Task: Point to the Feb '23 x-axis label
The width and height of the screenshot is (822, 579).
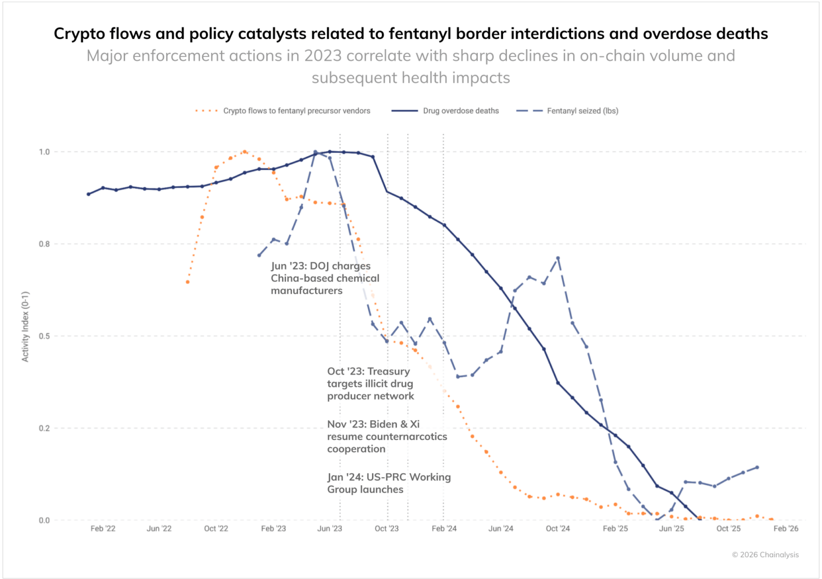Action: [x=273, y=529]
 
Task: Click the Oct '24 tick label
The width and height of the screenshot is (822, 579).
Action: [x=558, y=529]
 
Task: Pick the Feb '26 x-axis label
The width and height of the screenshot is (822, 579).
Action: [x=786, y=529]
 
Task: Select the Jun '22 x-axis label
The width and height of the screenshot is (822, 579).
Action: [x=159, y=529]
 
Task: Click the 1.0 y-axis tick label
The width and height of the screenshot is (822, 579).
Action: [x=44, y=152]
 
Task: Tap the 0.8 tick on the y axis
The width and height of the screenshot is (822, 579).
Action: [x=44, y=244]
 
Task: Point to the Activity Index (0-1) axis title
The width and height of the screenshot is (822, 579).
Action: [x=25, y=326]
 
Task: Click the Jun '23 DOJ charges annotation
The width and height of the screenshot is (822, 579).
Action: [x=325, y=278]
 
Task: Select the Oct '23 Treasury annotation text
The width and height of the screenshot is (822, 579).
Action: [x=370, y=383]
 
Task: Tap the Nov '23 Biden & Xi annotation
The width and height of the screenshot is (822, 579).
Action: [x=387, y=437]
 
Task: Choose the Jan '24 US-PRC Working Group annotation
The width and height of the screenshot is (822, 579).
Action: [x=389, y=483]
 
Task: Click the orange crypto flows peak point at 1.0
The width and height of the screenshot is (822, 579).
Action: [x=244, y=152]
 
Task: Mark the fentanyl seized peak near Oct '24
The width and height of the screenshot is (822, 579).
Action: [x=558, y=258]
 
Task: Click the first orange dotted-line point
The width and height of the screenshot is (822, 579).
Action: [x=187, y=282]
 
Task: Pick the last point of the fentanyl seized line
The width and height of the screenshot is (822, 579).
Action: [x=757, y=467]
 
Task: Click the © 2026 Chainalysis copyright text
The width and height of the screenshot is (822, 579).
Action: [x=765, y=555]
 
